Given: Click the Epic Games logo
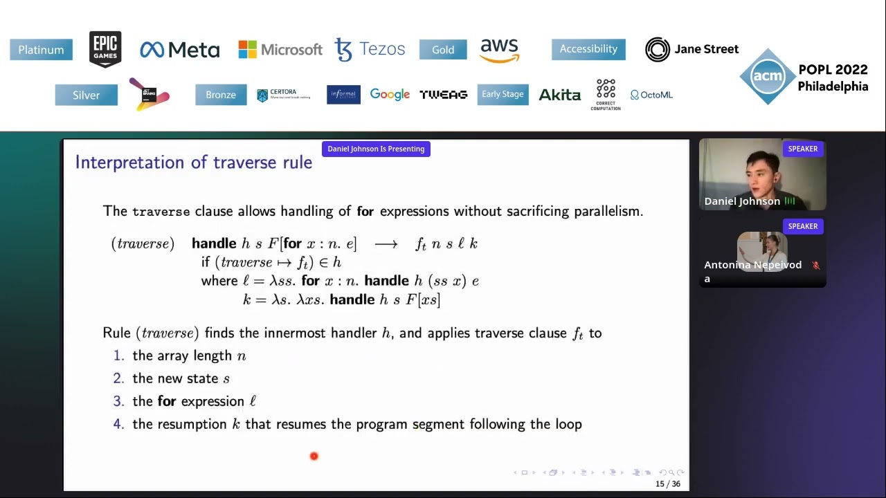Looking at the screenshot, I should pos(105,49).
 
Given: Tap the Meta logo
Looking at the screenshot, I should pos(179,50).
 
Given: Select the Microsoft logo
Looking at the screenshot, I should pos(280,49).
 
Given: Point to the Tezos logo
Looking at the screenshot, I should pos(370,49).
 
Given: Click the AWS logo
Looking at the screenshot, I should pos(499,50).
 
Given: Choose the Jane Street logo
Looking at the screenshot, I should pos(691,49).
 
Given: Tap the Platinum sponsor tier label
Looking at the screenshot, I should pos(41,50).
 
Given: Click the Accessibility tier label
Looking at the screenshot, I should pos(588,49).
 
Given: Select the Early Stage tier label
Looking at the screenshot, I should pos(503,95).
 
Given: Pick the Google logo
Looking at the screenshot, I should pos(390,95).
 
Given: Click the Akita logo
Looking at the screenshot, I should pos(559,95).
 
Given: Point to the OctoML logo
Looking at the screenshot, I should pos(651,95).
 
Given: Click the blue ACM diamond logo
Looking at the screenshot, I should pos(767,77).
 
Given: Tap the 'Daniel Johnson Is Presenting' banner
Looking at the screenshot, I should pos(376,149).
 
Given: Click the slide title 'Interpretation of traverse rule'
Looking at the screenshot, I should pos(194,163).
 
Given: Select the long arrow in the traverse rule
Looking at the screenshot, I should pos(386,244).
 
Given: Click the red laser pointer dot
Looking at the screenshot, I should pos(314,456).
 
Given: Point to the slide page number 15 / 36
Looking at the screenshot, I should pos(667,484).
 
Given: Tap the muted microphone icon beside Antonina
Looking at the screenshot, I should pos(815,265).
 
